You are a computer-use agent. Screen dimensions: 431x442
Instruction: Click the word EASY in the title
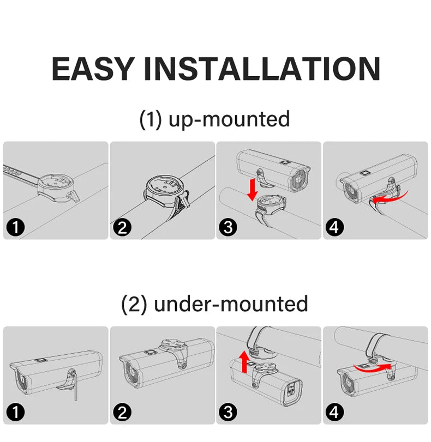click(92, 69)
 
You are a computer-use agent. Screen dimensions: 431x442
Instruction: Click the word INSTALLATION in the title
click(262, 69)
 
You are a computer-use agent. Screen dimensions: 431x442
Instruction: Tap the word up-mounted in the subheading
click(229, 119)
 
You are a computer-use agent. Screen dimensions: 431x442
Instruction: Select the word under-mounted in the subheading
click(231, 304)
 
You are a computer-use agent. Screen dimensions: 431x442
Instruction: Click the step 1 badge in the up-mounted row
click(15, 227)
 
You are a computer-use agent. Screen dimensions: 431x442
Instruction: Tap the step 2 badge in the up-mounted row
click(122, 227)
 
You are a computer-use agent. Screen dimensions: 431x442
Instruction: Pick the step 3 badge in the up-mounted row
click(229, 227)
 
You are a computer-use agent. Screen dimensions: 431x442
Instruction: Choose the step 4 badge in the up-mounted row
click(335, 227)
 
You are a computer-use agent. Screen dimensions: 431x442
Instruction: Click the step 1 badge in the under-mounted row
click(15, 412)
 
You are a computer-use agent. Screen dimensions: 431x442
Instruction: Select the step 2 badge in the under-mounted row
click(122, 412)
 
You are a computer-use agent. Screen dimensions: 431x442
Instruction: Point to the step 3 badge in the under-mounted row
click(229, 412)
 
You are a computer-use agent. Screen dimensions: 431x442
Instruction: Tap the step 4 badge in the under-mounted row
click(335, 412)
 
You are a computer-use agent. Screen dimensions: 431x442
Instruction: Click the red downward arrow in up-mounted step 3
click(253, 190)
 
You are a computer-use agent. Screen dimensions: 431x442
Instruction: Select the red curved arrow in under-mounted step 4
click(373, 368)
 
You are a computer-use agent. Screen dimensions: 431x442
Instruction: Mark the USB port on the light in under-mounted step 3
click(291, 390)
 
